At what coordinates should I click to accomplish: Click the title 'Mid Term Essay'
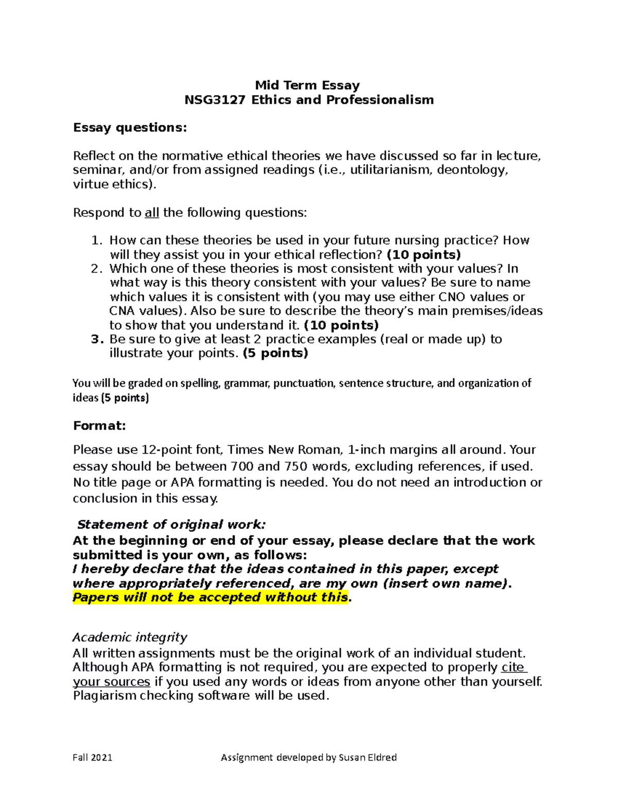pos(307,85)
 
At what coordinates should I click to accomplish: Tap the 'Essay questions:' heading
pos(130,127)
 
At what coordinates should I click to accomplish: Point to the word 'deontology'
pos(472,170)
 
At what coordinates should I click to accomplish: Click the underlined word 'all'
pos(152,213)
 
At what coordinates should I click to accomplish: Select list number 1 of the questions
pos(96,241)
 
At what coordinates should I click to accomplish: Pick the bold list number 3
pos(96,339)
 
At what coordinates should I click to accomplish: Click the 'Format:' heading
pos(99,425)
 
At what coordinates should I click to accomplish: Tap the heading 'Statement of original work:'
pos(171,524)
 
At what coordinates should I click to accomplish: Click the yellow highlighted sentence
pos(211,598)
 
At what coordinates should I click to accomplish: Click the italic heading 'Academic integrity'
pos(130,637)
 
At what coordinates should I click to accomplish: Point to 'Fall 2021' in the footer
pos(92,757)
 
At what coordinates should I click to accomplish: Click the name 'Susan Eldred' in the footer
pos(368,757)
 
